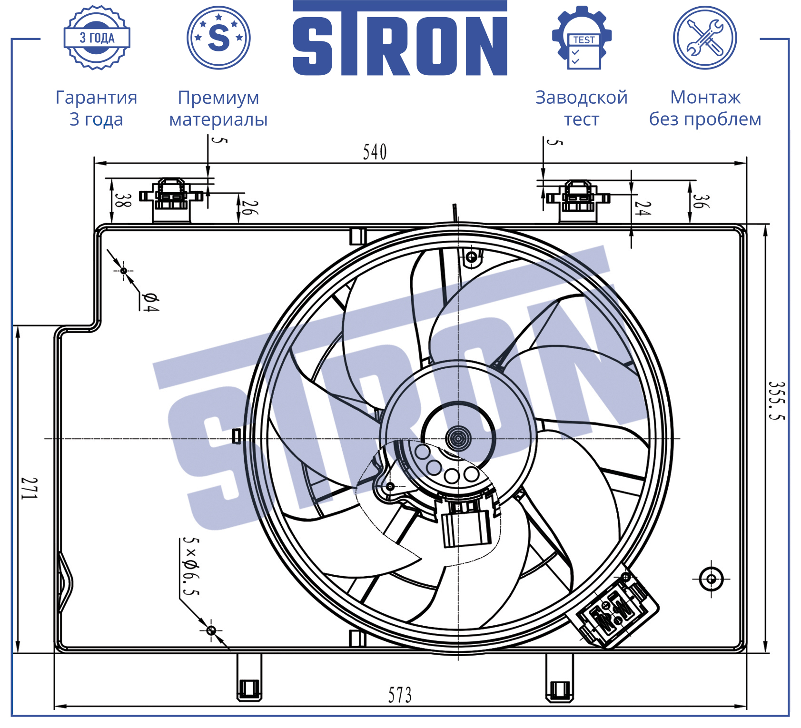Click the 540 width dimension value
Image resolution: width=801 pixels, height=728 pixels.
pos(375,152)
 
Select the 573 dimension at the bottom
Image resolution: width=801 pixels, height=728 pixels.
pos(400,695)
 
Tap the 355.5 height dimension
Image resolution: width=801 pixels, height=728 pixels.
pos(776,400)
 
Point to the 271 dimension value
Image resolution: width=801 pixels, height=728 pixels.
pos(29,488)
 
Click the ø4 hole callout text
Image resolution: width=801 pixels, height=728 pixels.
pos(150,302)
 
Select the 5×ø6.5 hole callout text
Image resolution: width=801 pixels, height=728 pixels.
pos(191,566)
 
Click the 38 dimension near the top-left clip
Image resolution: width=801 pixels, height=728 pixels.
pos(122,200)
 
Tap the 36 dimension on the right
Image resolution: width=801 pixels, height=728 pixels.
pos(700,201)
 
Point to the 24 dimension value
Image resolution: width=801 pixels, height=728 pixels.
pos(643,208)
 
